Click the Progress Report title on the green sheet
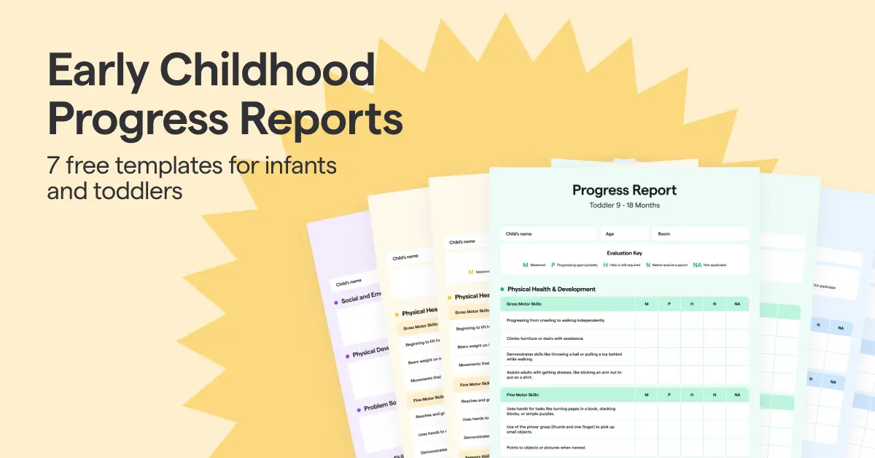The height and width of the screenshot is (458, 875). tap(624, 190)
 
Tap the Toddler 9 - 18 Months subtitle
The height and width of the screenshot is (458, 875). tap(624, 206)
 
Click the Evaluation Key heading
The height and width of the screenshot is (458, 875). tap(624, 253)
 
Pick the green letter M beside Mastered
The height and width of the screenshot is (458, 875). tap(525, 265)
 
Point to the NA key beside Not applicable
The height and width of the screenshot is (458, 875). tap(697, 265)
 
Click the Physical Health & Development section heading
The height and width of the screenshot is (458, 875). tap(551, 290)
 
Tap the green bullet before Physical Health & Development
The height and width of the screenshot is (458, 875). tap(502, 290)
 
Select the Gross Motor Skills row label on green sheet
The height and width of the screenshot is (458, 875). tap(525, 303)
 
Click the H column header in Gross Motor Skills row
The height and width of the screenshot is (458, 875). tap(692, 303)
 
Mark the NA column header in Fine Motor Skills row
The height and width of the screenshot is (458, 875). tap(737, 395)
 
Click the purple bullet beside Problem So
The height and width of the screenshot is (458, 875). tap(357, 408)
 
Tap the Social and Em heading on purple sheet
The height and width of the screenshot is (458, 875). tap(361, 298)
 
